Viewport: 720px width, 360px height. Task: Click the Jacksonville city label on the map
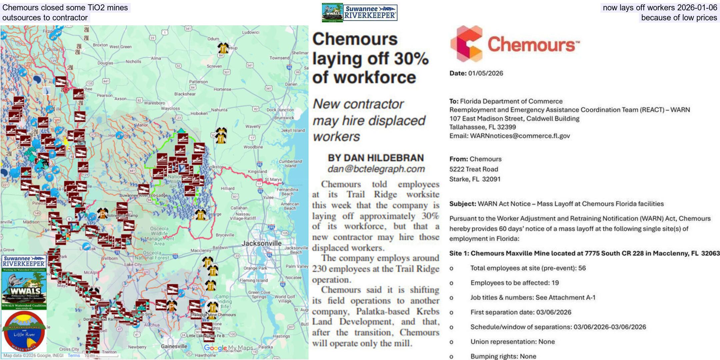pyautogui.click(x=261, y=243)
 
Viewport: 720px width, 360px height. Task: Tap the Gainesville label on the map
pyautogui.click(x=174, y=346)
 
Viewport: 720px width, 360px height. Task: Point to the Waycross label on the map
pyautogui.click(x=170, y=108)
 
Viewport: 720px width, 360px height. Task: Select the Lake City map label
pyautogui.click(x=133, y=264)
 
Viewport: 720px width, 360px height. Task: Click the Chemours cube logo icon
pyautogui.click(x=466, y=44)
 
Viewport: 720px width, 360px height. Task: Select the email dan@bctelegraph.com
pyautogui.click(x=376, y=169)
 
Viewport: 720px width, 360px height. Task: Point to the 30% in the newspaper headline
pyautogui.click(x=411, y=58)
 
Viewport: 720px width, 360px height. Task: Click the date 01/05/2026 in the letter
pyautogui.click(x=485, y=73)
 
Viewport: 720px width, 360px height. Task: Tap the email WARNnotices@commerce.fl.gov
pyautogui.click(x=520, y=136)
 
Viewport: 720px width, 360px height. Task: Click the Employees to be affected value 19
pyautogui.click(x=555, y=283)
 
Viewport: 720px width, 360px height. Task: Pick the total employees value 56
pyautogui.click(x=582, y=268)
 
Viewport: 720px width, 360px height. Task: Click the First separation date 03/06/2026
pyautogui.click(x=554, y=312)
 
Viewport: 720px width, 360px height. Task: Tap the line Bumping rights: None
pyautogui.click(x=503, y=356)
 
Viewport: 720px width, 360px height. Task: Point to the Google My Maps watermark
pyautogui.click(x=228, y=348)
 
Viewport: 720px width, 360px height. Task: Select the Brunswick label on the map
pyautogui.click(x=284, y=118)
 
